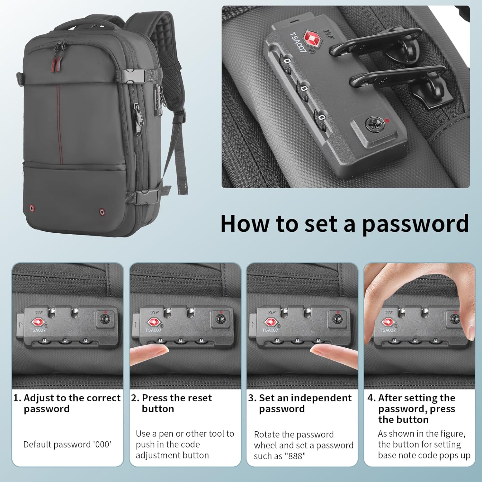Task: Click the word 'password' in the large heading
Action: (415, 224)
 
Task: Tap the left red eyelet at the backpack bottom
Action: (32, 208)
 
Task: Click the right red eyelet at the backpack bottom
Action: (102, 212)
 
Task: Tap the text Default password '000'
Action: (67, 444)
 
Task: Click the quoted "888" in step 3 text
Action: (296, 456)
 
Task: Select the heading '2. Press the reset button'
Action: (171, 403)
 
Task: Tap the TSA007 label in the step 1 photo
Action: (38, 330)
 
